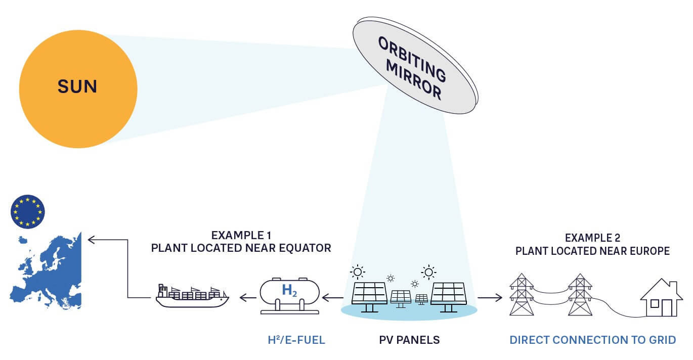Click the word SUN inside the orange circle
point(77,86)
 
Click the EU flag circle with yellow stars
point(27,211)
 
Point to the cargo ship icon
point(192,296)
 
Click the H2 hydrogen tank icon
point(289,296)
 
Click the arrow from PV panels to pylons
point(490,298)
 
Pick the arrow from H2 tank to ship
point(247,298)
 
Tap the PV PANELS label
point(409,340)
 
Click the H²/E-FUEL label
point(296,340)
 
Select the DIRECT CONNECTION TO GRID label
point(592,340)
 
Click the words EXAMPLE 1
point(241,235)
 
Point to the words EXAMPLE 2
point(592,238)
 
